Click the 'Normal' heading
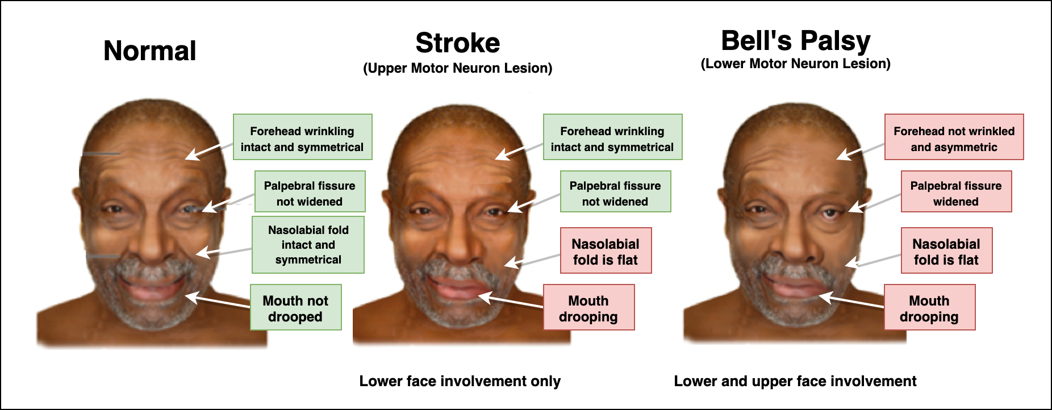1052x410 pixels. (149, 51)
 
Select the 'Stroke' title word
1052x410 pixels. (458, 43)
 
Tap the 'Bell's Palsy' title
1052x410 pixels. (795, 41)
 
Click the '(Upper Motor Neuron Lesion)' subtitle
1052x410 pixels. (458, 69)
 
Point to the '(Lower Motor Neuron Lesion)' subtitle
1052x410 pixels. (795, 64)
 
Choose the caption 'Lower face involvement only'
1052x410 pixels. (460, 381)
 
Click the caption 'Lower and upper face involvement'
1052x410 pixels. (795, 381)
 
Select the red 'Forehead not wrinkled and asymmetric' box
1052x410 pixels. (954, 137)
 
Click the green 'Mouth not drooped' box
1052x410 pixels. (295, 307)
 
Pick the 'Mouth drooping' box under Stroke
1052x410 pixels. (588, 307)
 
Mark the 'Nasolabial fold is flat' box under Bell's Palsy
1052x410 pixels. (946, 250)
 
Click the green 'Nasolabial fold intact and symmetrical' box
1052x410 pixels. (308, 245)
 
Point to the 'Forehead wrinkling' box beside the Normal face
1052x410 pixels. (302, 137)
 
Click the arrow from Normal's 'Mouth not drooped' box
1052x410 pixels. (219, 302)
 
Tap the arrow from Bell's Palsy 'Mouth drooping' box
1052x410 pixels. (852, 302)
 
